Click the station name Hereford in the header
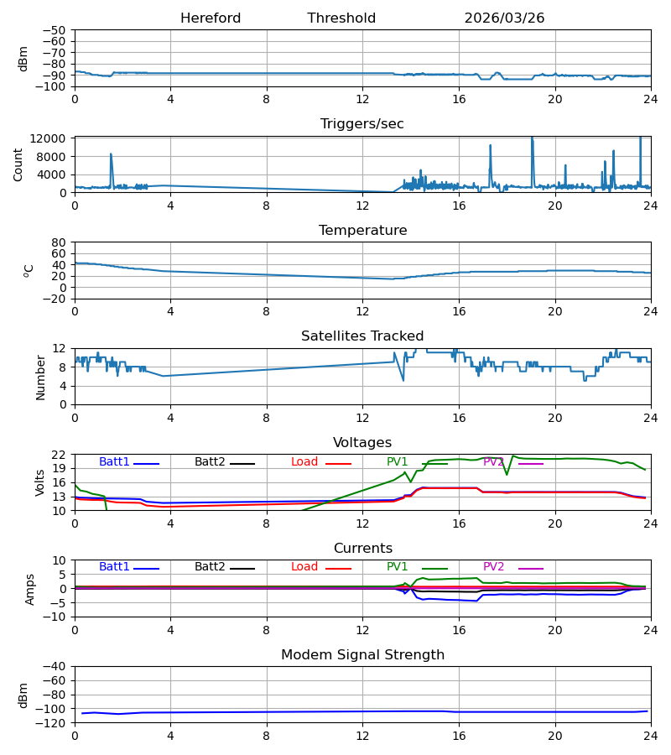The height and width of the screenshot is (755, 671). pyautogui.click(x=211, y=18)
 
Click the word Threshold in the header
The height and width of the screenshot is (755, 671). pyautogui.click(x=341, y=18)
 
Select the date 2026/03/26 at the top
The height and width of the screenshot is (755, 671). pyautogui.click(x=504, y=18)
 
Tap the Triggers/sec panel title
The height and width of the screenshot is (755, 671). pyautogui.click(x=362, y=124)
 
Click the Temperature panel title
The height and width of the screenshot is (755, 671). pyautogui.click(x=362, y=230)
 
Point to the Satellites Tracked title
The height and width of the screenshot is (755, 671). pyautogui.click(x=362, y=336)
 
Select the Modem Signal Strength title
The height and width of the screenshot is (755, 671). pyautogui.click(x=362, y=655)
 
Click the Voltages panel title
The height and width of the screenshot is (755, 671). pyautogui.click(x=362, y=442)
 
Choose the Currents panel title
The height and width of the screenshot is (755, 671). pyautogui.click(x=363, y=549)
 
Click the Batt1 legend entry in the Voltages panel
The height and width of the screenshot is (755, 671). pyautogui.click(x=128, y=462)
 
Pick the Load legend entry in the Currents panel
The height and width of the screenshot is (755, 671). pyautogui.click(x=321, y=567)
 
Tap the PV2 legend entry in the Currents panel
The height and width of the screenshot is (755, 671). pyautogui.click(x=513, y=567)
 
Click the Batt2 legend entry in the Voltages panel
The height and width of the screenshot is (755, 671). pyautogui.click(x=225, y=462)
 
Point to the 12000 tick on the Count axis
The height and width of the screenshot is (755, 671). pyautogui.click(x=48, y=138)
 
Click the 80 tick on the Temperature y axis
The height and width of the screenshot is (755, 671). pyautogui.click(x=59, y=242)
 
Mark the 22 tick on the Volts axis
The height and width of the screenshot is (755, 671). pyautogui.click(x=59, y=455)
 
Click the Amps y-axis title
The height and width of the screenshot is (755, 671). pyautogui.click(x=30, y=589)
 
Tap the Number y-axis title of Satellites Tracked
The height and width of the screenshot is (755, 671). pyautogui.click(x=40, y=377)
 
